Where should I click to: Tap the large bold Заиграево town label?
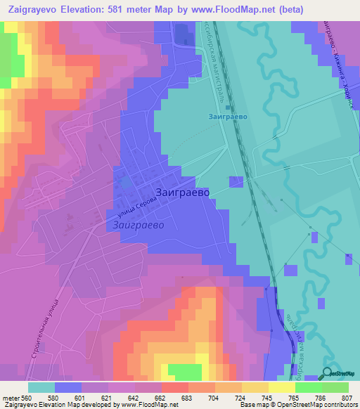click(181, 192)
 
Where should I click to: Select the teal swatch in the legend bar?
click(41, 387)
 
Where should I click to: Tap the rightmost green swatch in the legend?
click(335, 387)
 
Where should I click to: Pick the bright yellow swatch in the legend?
click(281, 387)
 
